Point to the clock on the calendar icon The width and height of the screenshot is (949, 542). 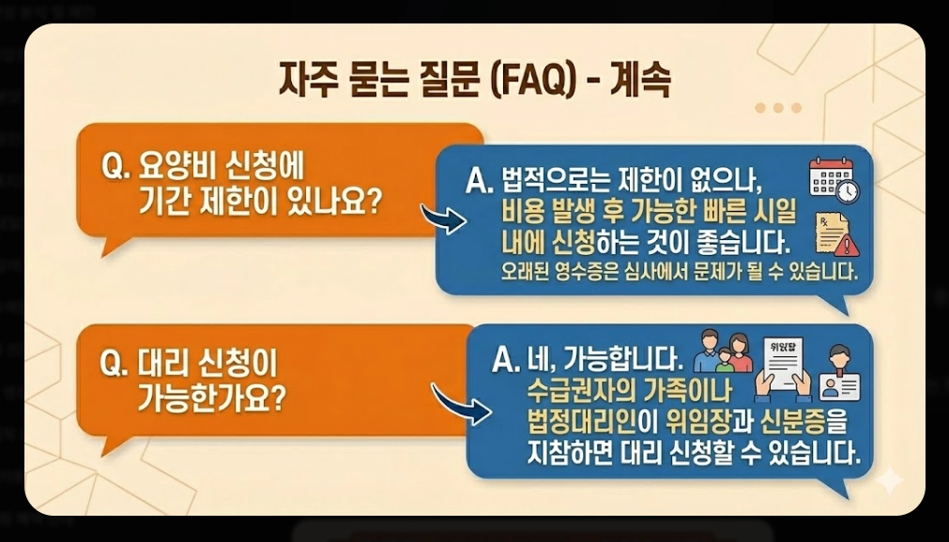(847, 191)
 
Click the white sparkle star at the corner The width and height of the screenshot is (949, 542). (887, 480)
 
